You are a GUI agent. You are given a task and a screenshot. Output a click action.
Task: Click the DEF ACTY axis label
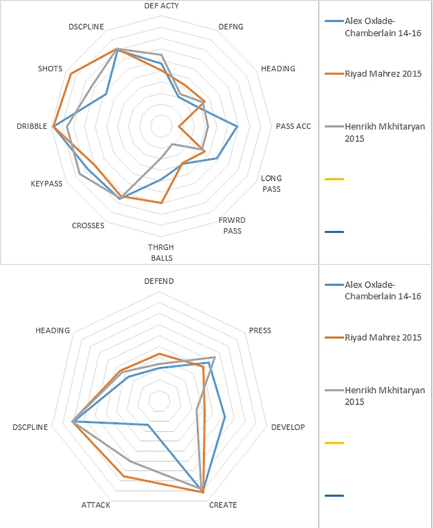(161, 5)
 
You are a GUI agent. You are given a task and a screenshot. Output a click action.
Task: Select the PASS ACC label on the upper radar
(293, 126)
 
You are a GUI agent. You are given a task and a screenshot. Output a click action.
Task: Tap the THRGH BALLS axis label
(161, 252)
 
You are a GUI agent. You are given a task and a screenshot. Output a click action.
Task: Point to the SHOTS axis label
(50, 69)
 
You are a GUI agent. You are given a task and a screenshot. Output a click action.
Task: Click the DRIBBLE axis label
(31, 126)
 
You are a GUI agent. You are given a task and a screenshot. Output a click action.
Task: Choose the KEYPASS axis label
(46, 184)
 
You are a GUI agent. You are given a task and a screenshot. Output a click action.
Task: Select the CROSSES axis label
(88, 226)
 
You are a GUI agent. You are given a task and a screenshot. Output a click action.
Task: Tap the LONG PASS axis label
(272, 184)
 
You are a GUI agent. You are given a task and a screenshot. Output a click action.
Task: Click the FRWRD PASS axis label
(232, 226)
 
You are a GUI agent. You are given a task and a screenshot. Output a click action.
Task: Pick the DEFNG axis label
(231, 27)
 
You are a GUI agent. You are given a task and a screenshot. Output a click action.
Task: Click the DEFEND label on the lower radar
(159, 281)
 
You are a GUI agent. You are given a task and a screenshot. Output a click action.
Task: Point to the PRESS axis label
(260, 330)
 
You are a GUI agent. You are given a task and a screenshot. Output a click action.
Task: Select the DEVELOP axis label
(288, 427)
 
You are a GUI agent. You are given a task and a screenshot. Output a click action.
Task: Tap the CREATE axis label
(223, 505)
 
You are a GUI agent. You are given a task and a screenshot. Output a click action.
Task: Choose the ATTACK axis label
(95, 505)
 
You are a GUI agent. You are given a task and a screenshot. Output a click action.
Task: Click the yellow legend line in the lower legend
(335, 443)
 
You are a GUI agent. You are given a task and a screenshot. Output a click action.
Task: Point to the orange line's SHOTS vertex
(71, 74)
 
